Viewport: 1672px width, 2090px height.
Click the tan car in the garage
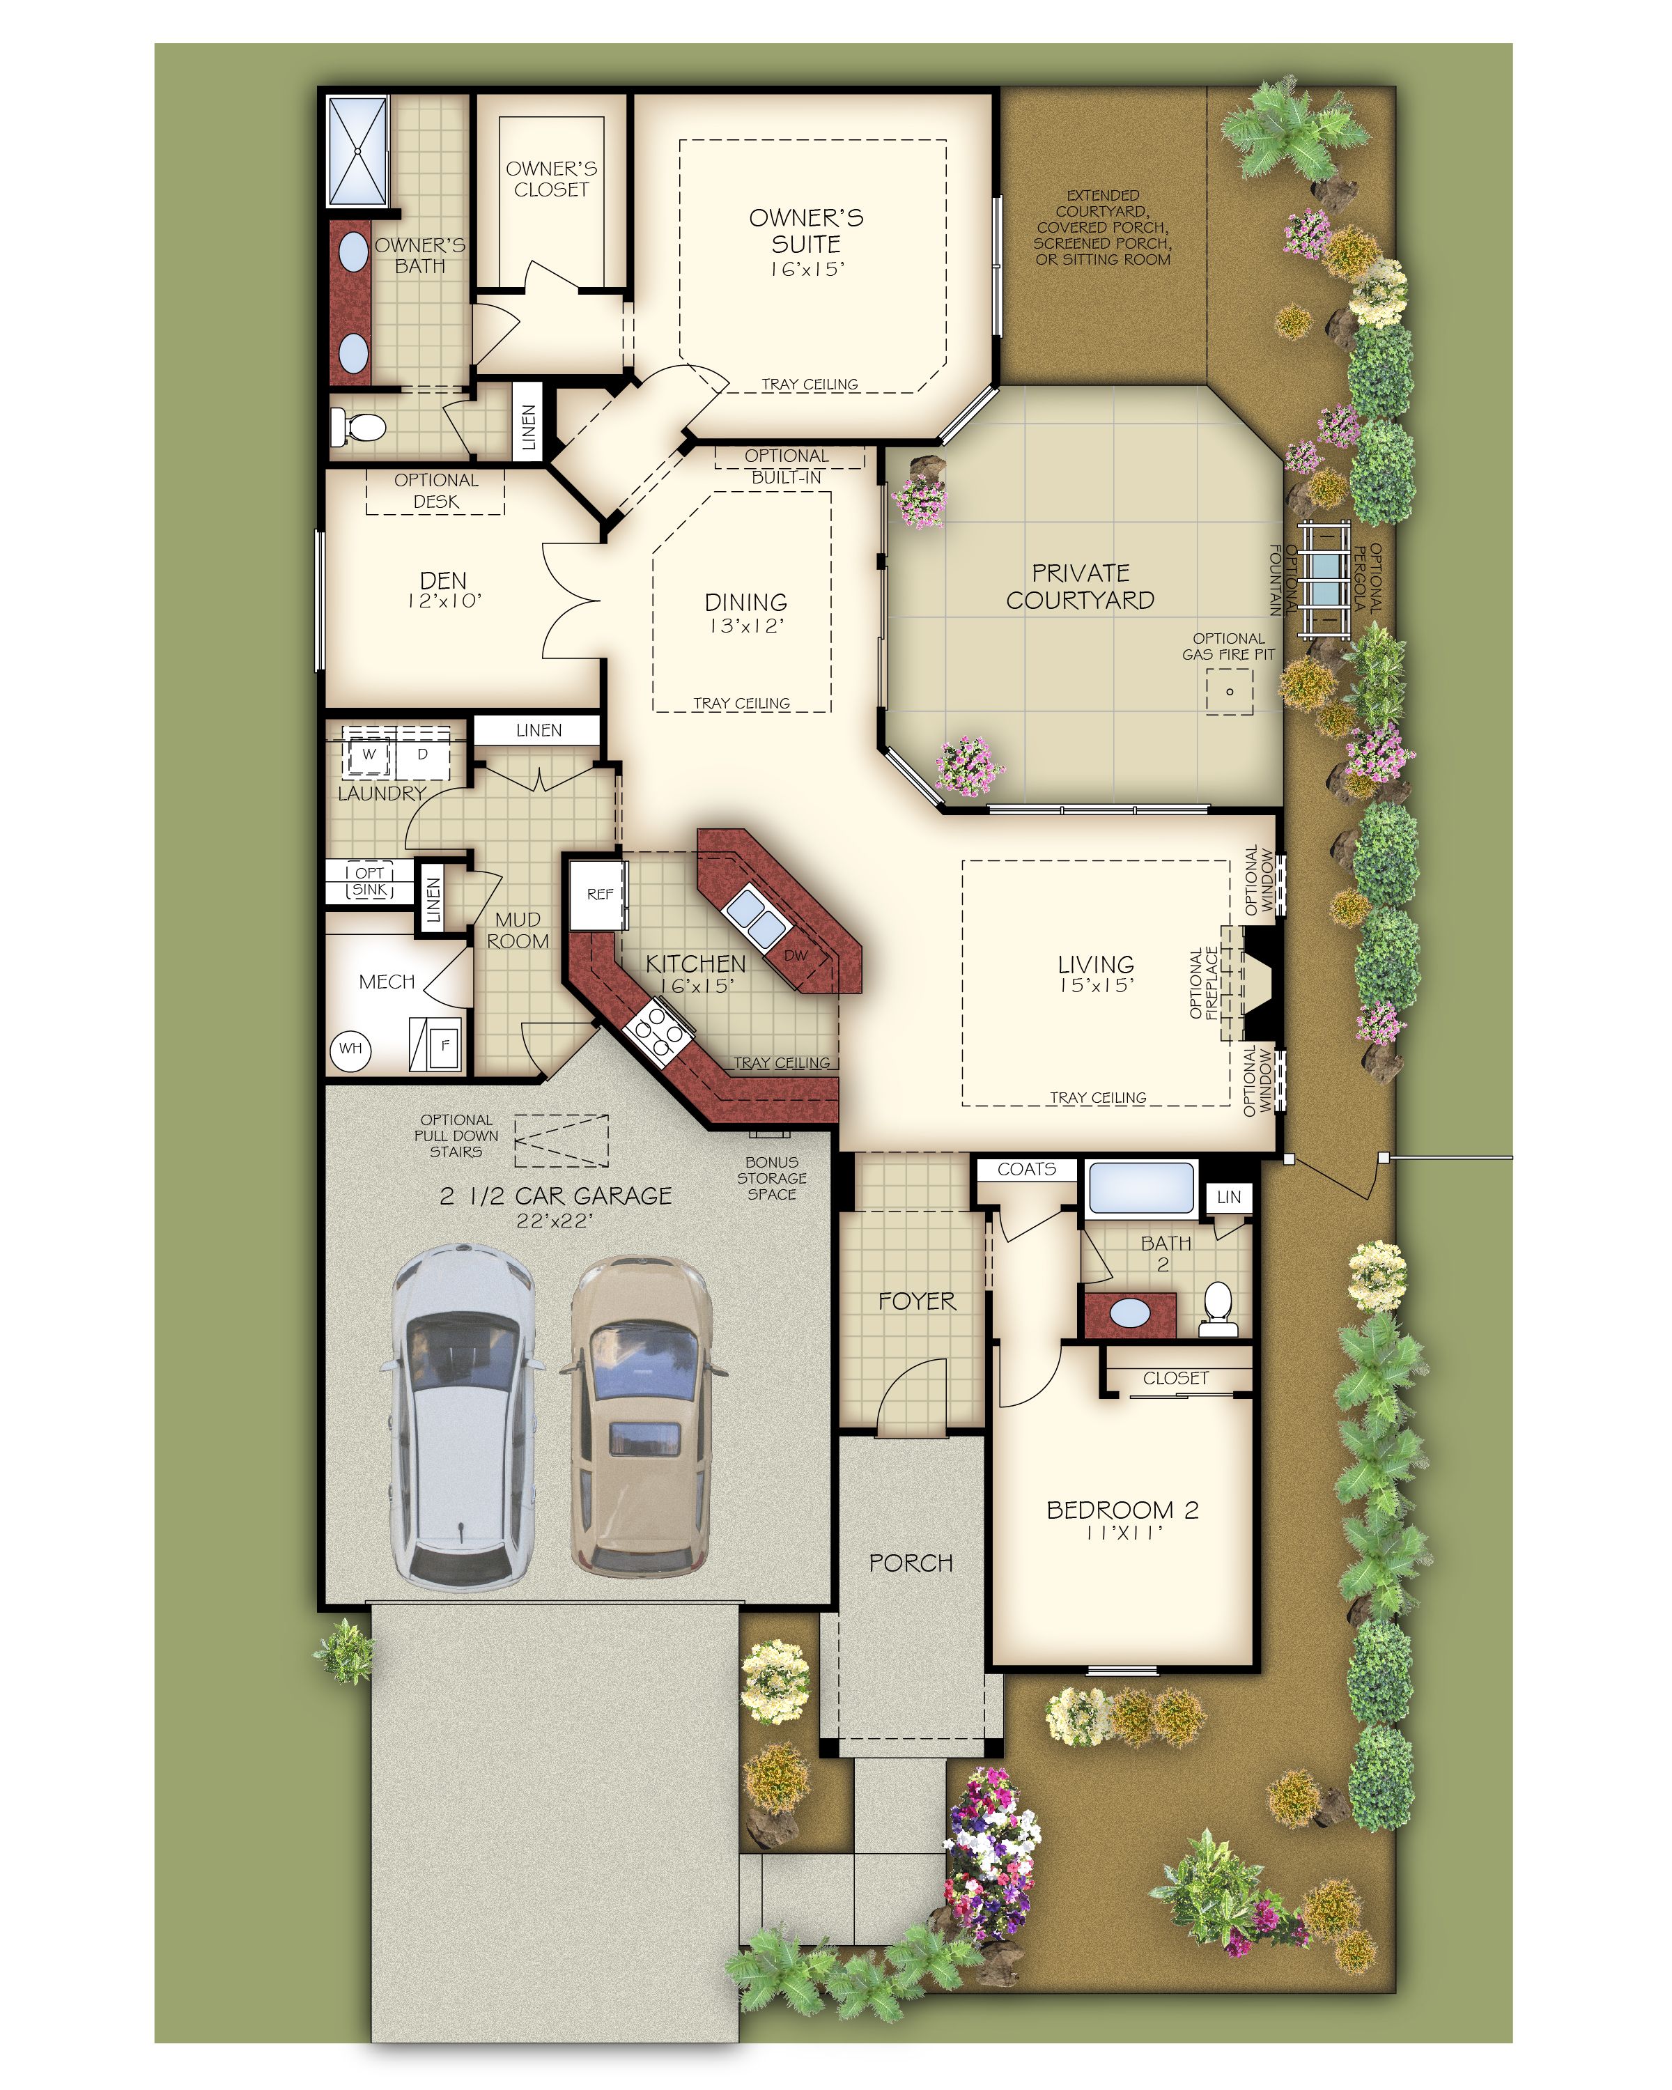tap(642, 1416)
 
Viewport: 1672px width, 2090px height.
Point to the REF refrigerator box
tap(599, 894)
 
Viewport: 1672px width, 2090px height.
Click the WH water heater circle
tap(351, 1048)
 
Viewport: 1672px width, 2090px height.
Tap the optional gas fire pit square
tap(1229, 691)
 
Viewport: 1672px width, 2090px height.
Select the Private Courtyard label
tap(1080, 587)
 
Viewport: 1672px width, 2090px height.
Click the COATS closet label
tap(1026, 1169)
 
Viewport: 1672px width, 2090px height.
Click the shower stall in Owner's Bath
tap(357, 150)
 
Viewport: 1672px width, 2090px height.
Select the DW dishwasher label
tap(795, 955)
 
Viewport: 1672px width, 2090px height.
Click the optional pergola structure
tap(1324, 579)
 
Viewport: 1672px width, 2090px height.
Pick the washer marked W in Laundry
tap(369, 753)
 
